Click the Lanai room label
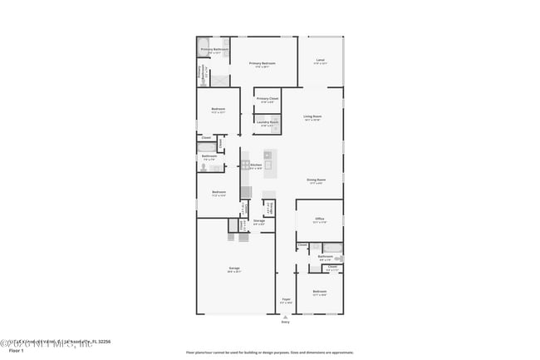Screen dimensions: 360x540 [321, 60]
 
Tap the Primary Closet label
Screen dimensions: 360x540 [267, 100]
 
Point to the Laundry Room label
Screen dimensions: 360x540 [267, 122]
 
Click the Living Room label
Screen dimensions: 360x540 [312, 116]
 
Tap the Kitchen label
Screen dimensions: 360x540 [256, 165]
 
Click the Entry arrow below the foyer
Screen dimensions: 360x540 [285, 317]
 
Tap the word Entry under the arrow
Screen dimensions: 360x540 [285, 323]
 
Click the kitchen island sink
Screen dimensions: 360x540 [268, 165]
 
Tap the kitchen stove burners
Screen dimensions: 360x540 [245, 165]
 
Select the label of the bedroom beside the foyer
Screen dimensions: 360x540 [320, 292]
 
